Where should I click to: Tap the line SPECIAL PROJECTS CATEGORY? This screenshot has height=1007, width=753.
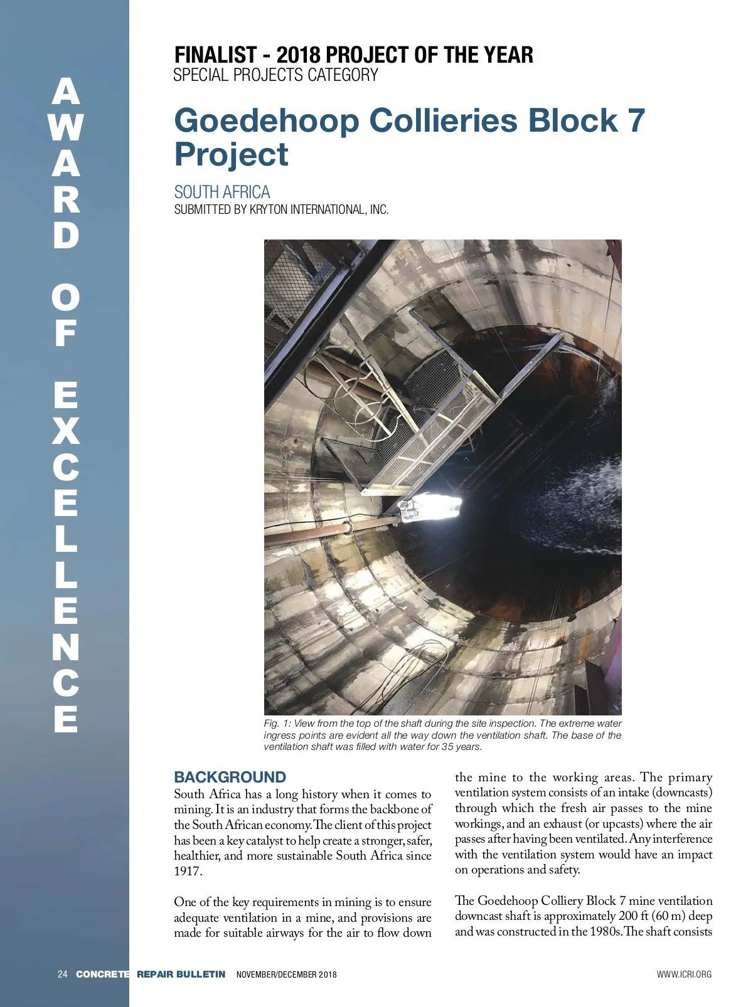coord(275,75)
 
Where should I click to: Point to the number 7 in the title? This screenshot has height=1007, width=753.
coord(636,120)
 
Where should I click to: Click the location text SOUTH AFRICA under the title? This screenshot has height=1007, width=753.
coord(222,192)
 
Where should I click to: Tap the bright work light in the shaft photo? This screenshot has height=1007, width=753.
coord(433,505)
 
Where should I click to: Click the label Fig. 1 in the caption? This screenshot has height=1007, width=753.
coord(277,724)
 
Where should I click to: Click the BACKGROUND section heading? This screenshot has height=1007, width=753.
coord(230,778)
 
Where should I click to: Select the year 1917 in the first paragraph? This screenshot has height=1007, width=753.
coord(188,871)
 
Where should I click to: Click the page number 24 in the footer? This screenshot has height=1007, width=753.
coord(62,974)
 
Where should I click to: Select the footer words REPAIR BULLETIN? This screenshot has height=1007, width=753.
coord(181,974)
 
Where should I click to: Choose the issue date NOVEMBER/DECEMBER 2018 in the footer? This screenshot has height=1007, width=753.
coord(286,974)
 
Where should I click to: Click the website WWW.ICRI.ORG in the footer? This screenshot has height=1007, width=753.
coord(684,974)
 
